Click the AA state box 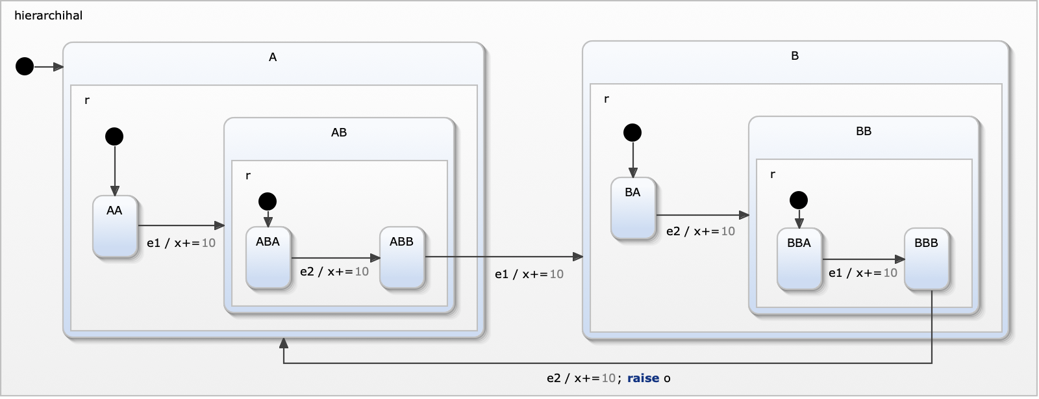pyautogui.click(x=115, y=227)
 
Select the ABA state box pyautogui.click(x=268, y=258)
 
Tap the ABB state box pyautogui.click(x=402, y=258)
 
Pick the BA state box pyautogui.click(x=633, y=209)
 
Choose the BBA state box pyautogui.click(x=799, y=259)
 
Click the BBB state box pyautogui.click(x=927, y=259)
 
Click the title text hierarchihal pyautogui.click(x=49, y=16)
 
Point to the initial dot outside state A pyautogui.click(x=25, y=66)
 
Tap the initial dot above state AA pyautogui.click(x=114, y=136)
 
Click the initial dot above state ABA pyautogui.click(x=268, y=201)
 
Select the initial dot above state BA pyautogui.click(x=632, y=133)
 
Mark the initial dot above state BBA pyautogui.click(x=799, y=200)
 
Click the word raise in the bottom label pyautogui.click(x=643, y=378)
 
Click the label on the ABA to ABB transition pyautogui.click(x=334, y=272)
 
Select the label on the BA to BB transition pyautogui.click(x=701, y=231)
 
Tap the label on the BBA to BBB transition pyautogui.click(x=863, y=273)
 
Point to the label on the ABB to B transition pyautogui.click(x=529, y=274)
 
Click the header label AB pyautogui.click(x=339, y=133)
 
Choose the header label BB pyautogui.click(x=864, y=131)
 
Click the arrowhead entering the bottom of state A pyautogui.click(x=284, y=343)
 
